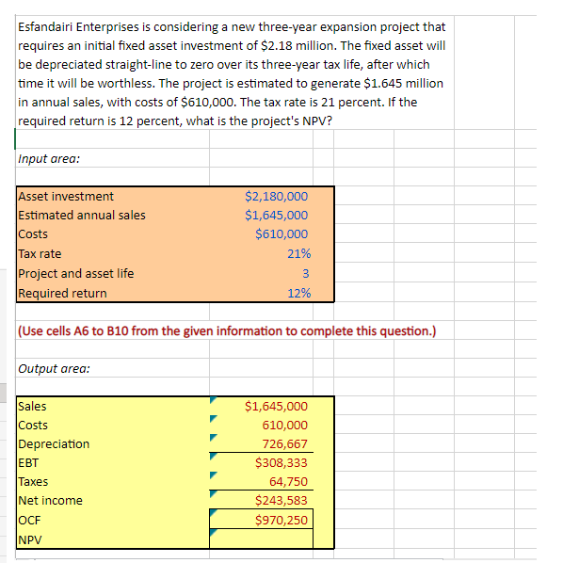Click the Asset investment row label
[x=66, y=197]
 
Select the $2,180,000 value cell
[x=276, y=197]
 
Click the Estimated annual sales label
[x=82, y=216]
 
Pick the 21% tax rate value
[x=298, y=254]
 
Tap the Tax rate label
[x=40, y=254]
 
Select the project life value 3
[x=305, y=274]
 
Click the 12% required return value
[x=298, y=293]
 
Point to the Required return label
[x=62, y=293]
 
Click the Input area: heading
[x=49, y=159]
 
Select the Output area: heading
[x=54, y=368]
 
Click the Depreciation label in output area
[x=55, y=444]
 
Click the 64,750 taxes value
[x=288, y=482]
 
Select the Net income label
[x=51, y=501]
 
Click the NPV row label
[x=31, y=539]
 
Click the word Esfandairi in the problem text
[x=49, y=27]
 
